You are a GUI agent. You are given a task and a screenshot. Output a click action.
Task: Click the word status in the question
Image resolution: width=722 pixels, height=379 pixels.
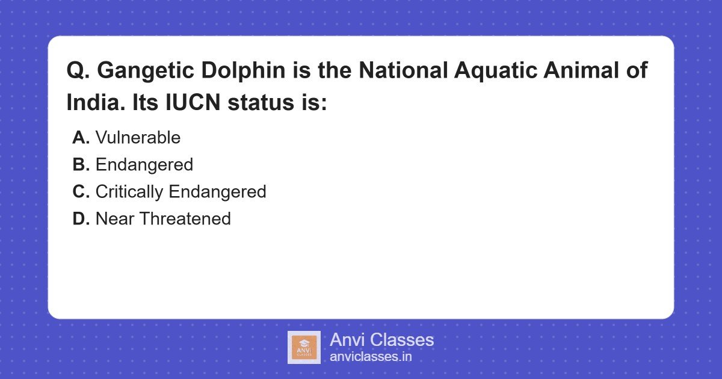tap(260, 103)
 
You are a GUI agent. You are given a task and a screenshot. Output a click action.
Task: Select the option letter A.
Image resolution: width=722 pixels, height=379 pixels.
tap(81, 138)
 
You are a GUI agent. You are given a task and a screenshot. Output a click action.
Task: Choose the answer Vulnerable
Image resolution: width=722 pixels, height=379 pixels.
tap(138, 138)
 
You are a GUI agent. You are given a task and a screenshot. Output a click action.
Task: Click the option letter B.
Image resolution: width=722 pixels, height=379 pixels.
tap(81, 165)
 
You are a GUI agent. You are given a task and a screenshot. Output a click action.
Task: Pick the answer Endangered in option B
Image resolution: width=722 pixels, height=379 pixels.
tap(144, 165)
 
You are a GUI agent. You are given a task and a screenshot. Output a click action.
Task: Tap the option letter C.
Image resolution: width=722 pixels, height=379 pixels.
tap(81, 192)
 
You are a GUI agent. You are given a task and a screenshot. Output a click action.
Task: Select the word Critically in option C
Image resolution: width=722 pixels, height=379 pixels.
tap(129, 192)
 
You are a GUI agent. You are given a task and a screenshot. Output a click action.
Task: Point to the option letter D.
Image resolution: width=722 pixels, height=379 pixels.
tap(81, 219)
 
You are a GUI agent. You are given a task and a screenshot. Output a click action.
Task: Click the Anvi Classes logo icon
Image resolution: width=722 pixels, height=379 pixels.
tap(304, 347)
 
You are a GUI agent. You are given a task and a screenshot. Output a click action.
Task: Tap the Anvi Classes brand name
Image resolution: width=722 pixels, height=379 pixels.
tap(381, 340)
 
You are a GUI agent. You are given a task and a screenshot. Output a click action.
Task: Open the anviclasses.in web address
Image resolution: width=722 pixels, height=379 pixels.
tap(371, 357)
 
